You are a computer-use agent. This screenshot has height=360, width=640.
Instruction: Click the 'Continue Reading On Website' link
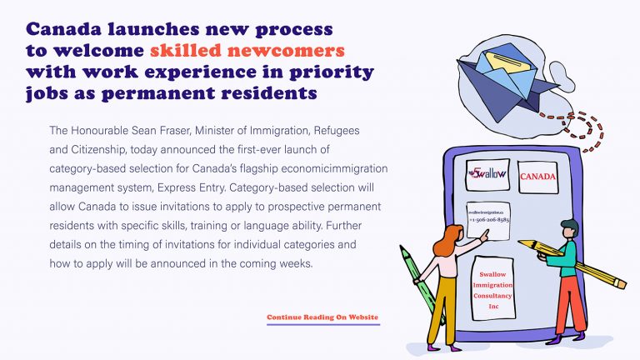pyautogui.click(x=322, y=317)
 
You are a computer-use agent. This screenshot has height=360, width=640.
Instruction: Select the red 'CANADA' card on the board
pyautogui.click(x=538, y=177)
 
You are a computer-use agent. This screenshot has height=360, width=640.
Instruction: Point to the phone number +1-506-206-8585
pyautogui.click(x=487, y=222)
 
